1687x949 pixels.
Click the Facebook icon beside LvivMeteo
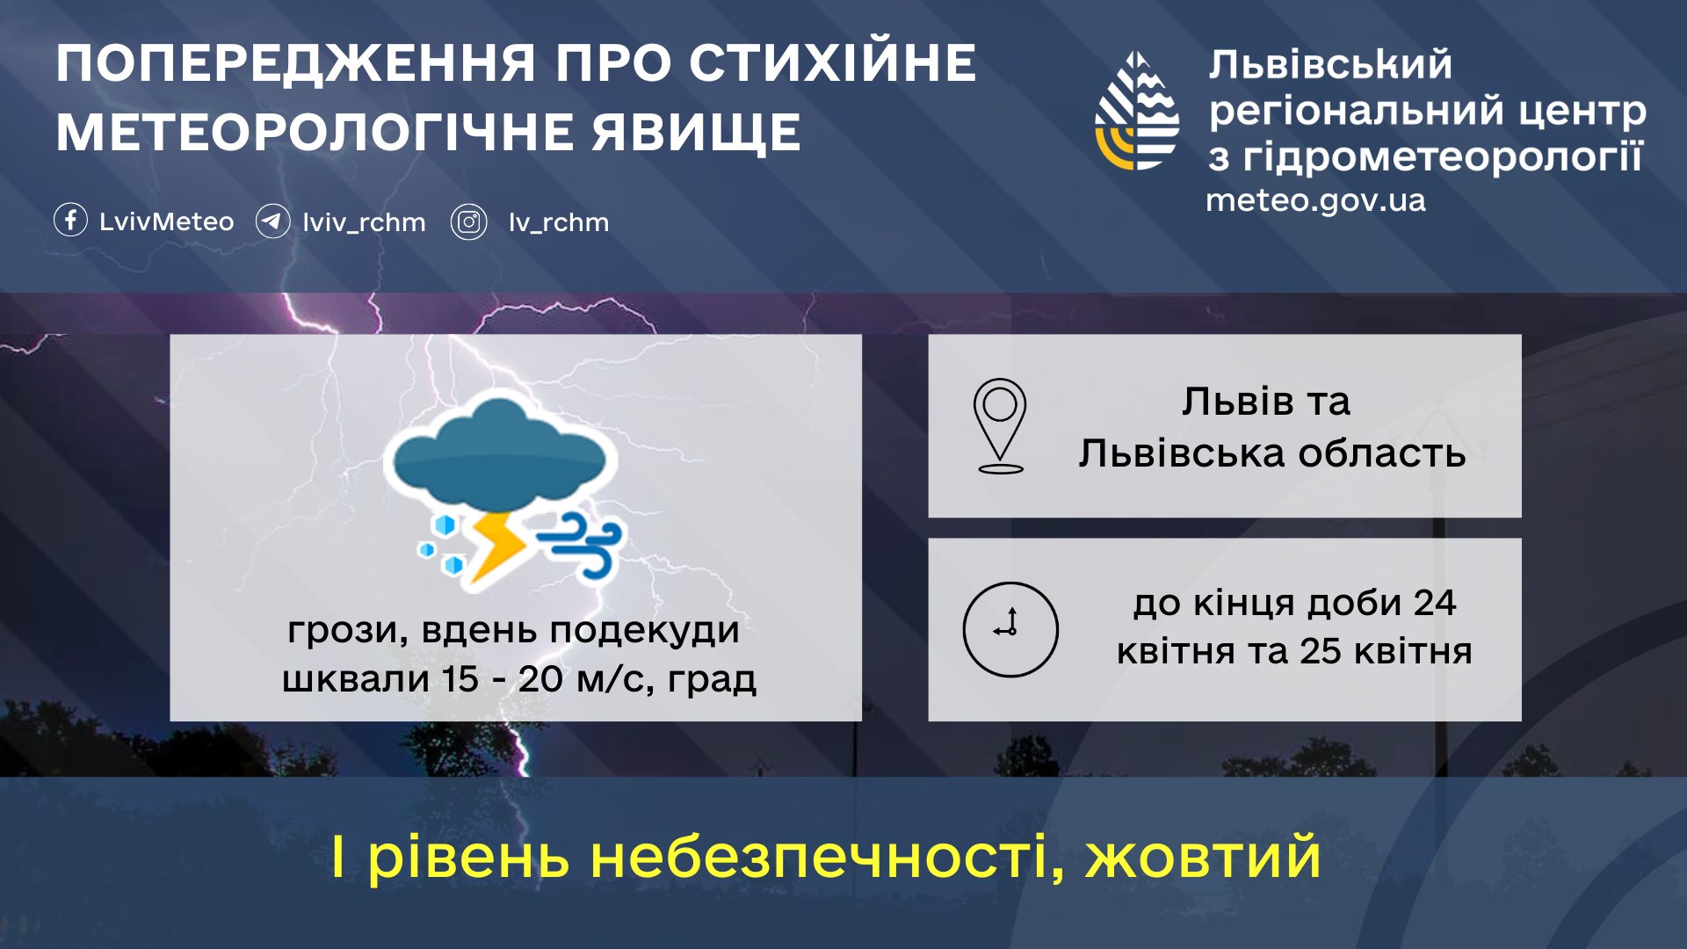(x=70, y=220)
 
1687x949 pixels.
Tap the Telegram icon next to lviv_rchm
(x=272, y=221)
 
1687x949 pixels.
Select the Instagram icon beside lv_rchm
(x=469, y=221)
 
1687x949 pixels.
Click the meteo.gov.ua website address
(x=1315, y=200)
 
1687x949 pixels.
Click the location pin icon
(x=1000, y=425)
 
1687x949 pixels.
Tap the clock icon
(x=1010, y=629)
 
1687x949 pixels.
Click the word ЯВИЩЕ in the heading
(x=695, y=133)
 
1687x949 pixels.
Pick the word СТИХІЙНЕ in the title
(x=832, y=63)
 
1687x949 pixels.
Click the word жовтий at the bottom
(x=1203, y=857)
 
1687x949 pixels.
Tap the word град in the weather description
(x=712, y=679)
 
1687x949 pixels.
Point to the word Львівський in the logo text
(x=1329, y=65)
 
